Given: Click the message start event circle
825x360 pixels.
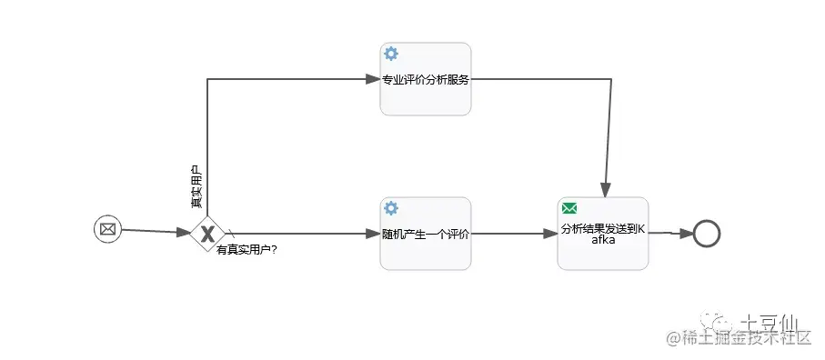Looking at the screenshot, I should click(x=107, y=229).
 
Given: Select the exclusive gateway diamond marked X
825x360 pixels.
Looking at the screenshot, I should click(x=207, y=234).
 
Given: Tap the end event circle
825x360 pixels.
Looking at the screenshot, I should click(x=706, y=234).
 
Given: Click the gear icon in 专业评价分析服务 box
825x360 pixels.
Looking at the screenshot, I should click(x=391, y=54).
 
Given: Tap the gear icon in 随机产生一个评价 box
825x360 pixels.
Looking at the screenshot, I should click(x=391, y=208).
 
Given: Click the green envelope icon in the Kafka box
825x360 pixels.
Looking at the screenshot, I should click(x=569, y=208).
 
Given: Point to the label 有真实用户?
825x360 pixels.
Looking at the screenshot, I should click(x=246, y=250).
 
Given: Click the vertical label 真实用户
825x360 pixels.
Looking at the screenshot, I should click(x=196, y=188).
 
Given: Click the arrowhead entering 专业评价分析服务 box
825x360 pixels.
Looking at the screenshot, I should click(x=373, y=79).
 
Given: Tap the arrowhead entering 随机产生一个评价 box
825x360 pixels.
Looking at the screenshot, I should click(x=373, y=234).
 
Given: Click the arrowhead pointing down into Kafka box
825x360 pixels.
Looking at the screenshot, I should click(x=604, y=189).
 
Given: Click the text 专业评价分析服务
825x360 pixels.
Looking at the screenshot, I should click(x=426, y=79).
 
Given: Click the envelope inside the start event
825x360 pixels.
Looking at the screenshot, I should click(x=107, y=229).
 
